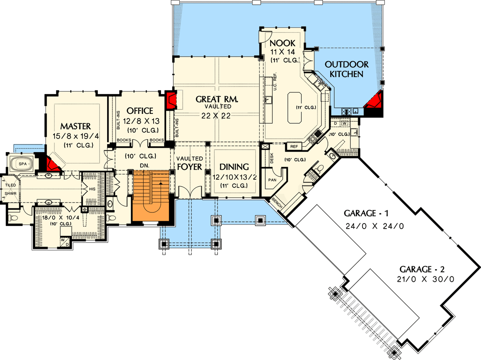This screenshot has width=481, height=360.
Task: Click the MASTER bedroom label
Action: [x=75, y=126]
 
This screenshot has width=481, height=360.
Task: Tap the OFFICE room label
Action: [x=140, y=111]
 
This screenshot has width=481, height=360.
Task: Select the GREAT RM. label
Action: [x=217, y=99]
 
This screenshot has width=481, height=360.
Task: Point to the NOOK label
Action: [x=282, y=43]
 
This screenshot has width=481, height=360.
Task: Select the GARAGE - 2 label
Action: [x=422, y=269]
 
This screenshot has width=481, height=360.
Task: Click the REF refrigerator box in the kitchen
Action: [x=294, y=146]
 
